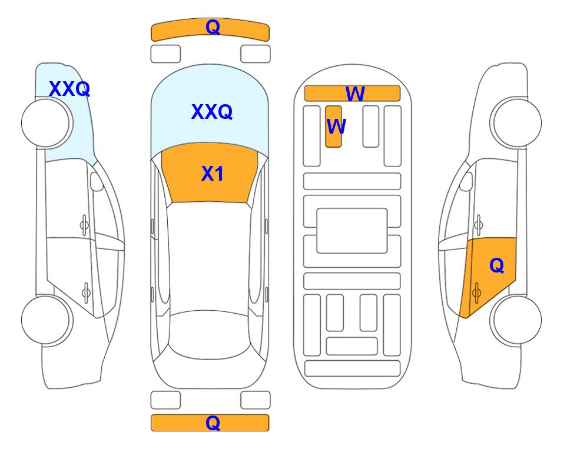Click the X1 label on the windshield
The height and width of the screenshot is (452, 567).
(x=213, y=174)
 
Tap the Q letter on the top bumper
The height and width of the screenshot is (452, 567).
(x=213, y=27)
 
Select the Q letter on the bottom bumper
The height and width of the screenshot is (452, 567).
(x=213, y=423)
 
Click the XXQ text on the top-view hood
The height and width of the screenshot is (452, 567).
(x=212, y=112)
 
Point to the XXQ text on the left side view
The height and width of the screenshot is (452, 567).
(x=69, y=89)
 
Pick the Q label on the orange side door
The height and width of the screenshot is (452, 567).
(x=496, y=266)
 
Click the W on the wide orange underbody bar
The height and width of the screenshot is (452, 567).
(x=355, y=94)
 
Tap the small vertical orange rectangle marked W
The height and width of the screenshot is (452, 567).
(x=333, y=127)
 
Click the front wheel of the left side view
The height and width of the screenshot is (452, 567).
(x=47, y=123)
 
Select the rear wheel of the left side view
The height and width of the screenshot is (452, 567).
(x=47, y=320)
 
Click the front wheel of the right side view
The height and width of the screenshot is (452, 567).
(x=516, y=123)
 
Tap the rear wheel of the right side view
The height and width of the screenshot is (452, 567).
(x=516, y=320)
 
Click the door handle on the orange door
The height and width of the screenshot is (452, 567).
(x=476, y=293)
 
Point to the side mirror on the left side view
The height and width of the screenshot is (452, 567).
(x=97, y=181)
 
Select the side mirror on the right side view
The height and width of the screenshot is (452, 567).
(x=466, y=181)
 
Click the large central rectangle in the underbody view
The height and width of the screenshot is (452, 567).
(x=352, y=231)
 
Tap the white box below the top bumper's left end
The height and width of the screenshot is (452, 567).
(x=165, y=54)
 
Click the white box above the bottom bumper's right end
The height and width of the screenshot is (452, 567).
(x=256, y=400)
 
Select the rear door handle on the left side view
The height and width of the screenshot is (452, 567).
(x=86, y=293)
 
